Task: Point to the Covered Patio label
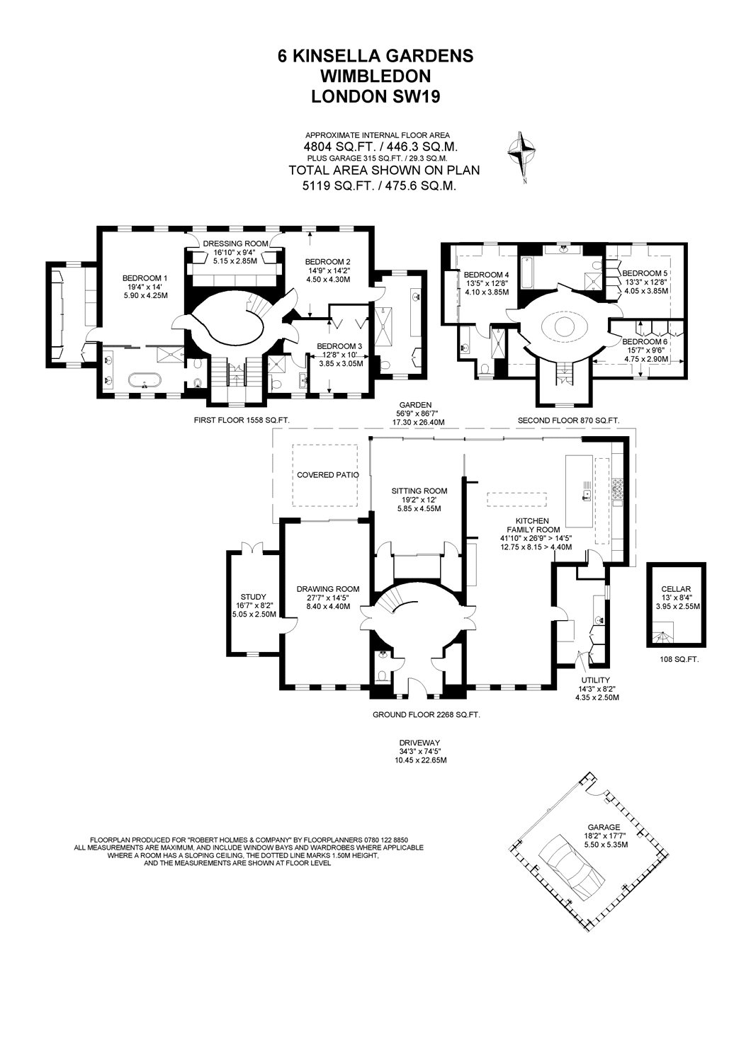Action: pyautogui.click(x=328, y=474)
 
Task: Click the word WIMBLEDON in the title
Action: pyautogui.click(x=375, y=76)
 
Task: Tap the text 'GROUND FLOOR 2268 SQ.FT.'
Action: pyautogui.click(x=426, y=715)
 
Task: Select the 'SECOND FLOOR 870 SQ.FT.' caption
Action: pyautogui.click(x=568, y=420)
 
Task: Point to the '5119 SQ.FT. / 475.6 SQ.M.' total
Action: pyautogui.click(x=378, y=186)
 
